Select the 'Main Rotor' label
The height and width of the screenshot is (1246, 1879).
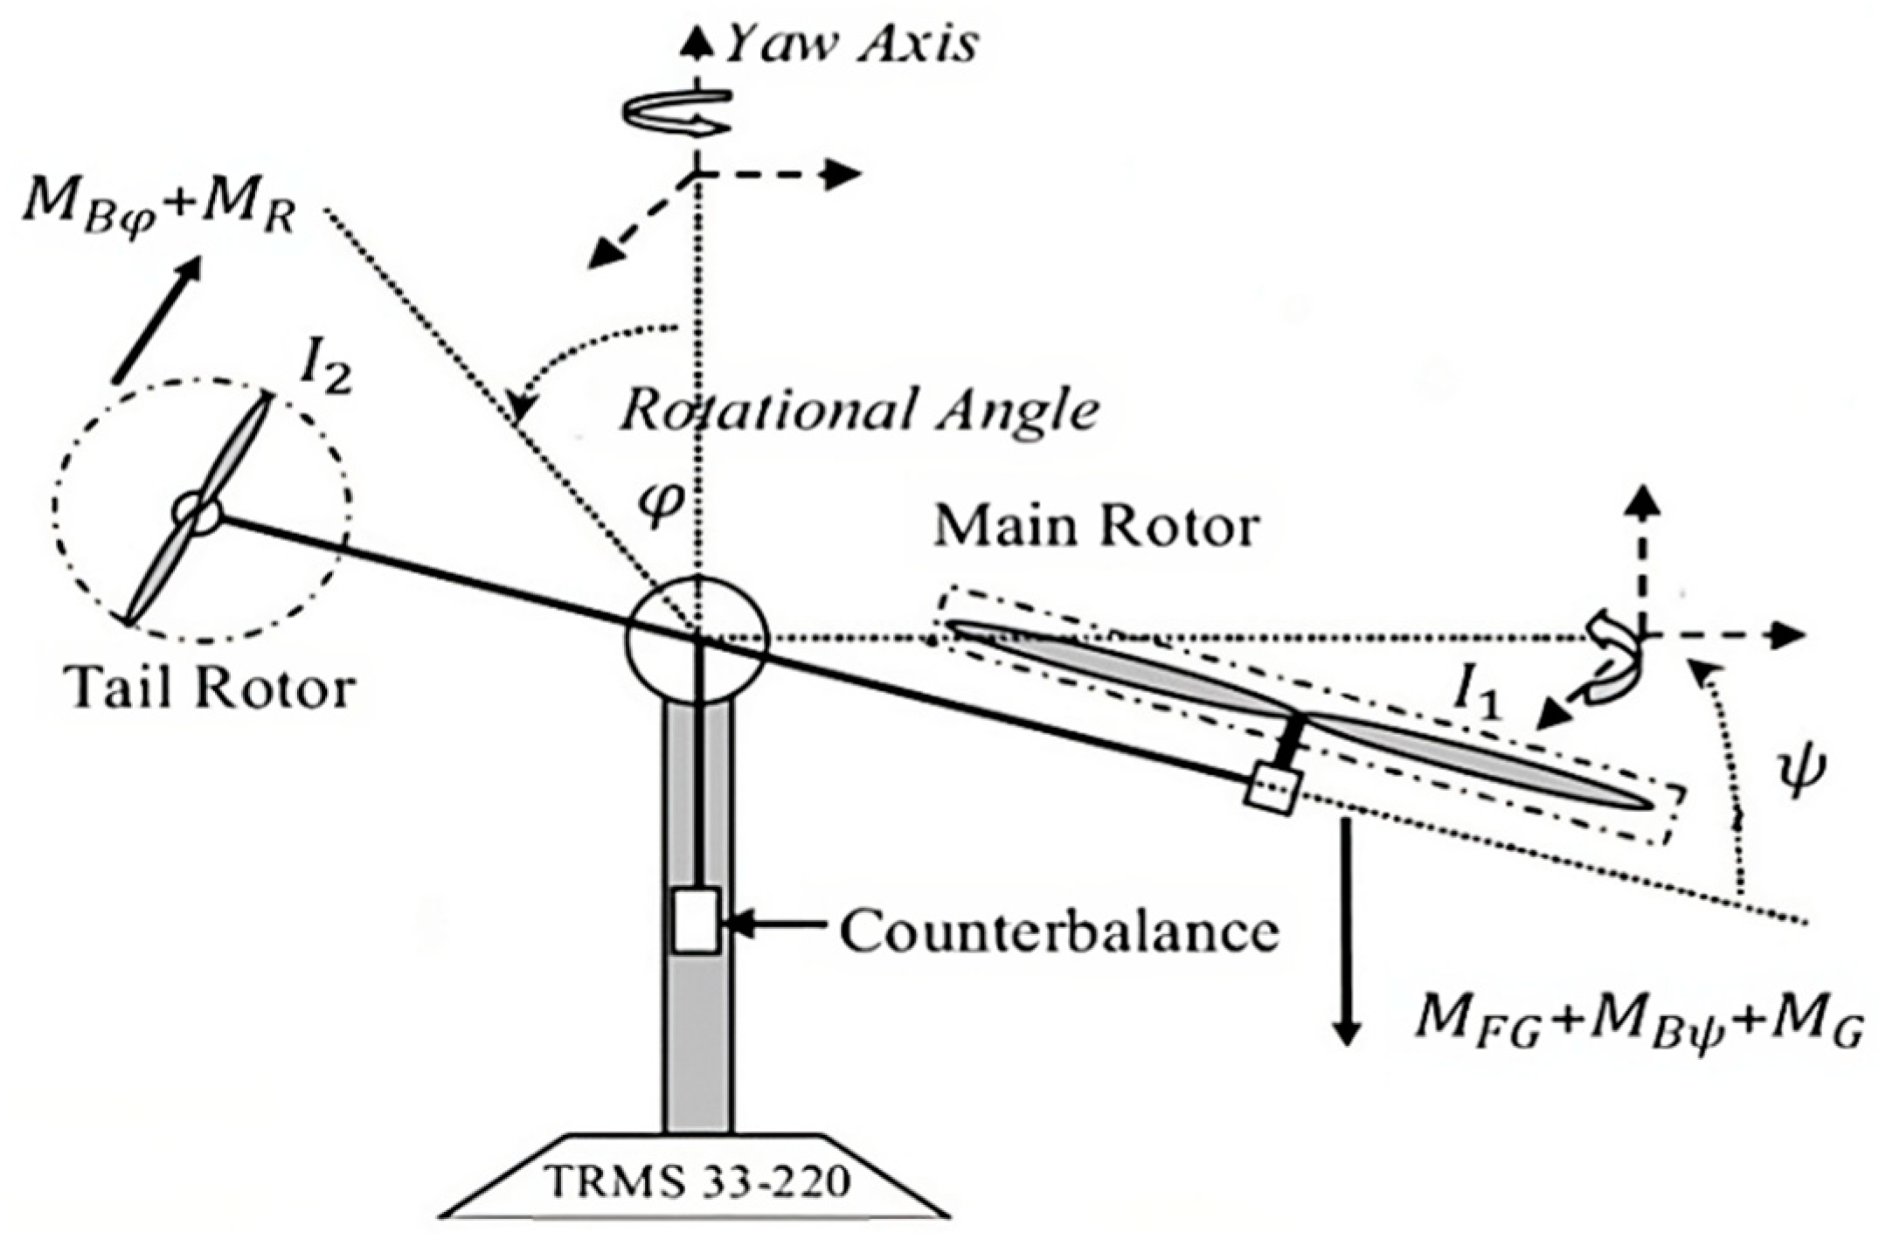[x=1097, y=527]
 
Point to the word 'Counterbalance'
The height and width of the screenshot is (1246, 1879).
[x=1059, y=931]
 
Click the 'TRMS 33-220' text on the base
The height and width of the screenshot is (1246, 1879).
[x=697, y=1182]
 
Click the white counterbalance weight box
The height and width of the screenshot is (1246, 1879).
[x=696, y=920]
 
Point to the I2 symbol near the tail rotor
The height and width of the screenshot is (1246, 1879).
[x=324, y=373]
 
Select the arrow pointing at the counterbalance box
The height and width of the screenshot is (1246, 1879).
[x=778, y=923]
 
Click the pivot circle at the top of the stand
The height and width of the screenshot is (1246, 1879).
[x=697, y=639]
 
